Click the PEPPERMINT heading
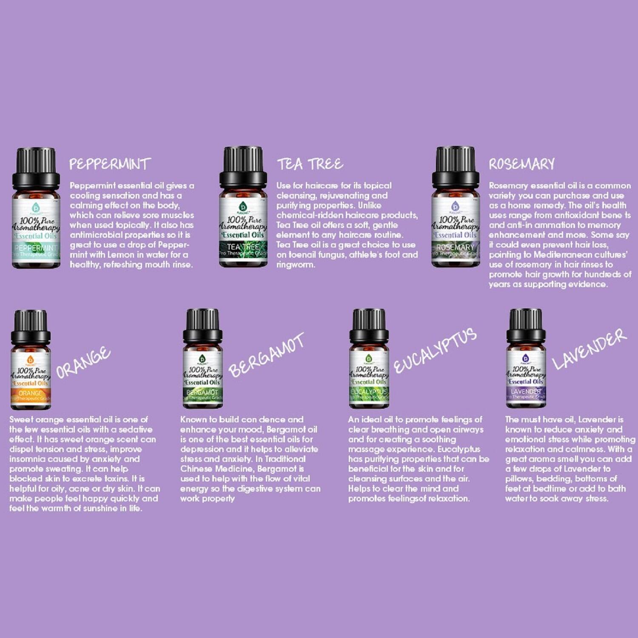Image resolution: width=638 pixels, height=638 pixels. click(110, 164)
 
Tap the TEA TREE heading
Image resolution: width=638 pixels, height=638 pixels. click(310, 164)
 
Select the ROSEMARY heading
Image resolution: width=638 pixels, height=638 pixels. click(521, 164)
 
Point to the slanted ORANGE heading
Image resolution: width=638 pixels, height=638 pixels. click(83, 363)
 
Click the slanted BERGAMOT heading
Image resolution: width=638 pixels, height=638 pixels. click(266, 356)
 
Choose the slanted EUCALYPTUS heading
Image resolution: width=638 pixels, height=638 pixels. click(435, 351)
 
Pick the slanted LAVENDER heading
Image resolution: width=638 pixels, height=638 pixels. click(589, 350)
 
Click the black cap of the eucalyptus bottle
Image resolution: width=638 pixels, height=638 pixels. click(369, 325)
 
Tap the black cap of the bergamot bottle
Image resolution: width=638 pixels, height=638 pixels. click(202, 325)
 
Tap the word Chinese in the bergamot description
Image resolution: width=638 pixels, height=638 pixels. click(196, 469)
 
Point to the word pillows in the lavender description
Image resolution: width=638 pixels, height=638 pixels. click(519, 479)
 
